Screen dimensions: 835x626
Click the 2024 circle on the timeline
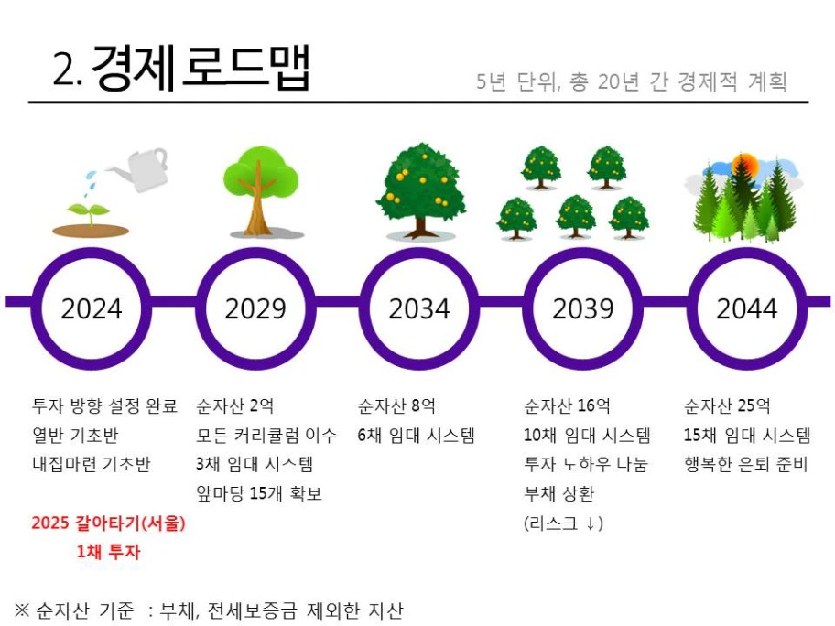[x=91, y=254]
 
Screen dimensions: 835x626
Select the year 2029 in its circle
[x=255, y=308]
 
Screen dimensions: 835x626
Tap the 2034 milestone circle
[x=419, y=254]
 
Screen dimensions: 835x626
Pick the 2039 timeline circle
[x=583, y=254]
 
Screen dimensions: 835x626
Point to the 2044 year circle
[x=746, y=254]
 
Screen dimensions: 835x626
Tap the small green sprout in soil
[x=89, y=213]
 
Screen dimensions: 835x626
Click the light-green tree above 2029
[x=260, y=191]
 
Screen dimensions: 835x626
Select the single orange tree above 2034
[x=421, y=190]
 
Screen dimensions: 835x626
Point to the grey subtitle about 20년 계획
[x=632, y=81]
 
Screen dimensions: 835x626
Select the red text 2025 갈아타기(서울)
[x=108, y=523]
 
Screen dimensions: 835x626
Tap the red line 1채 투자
[x=108, y=552]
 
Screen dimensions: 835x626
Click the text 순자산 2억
[x=234, y=406]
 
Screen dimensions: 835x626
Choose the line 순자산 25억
[x=727, y=406]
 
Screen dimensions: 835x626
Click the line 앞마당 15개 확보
[x=259, y=493]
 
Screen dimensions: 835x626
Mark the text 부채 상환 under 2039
[x=558, y=493]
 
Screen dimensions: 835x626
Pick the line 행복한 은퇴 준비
[x=746, y=464]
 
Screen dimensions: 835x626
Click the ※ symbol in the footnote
[x=22, y=609]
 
